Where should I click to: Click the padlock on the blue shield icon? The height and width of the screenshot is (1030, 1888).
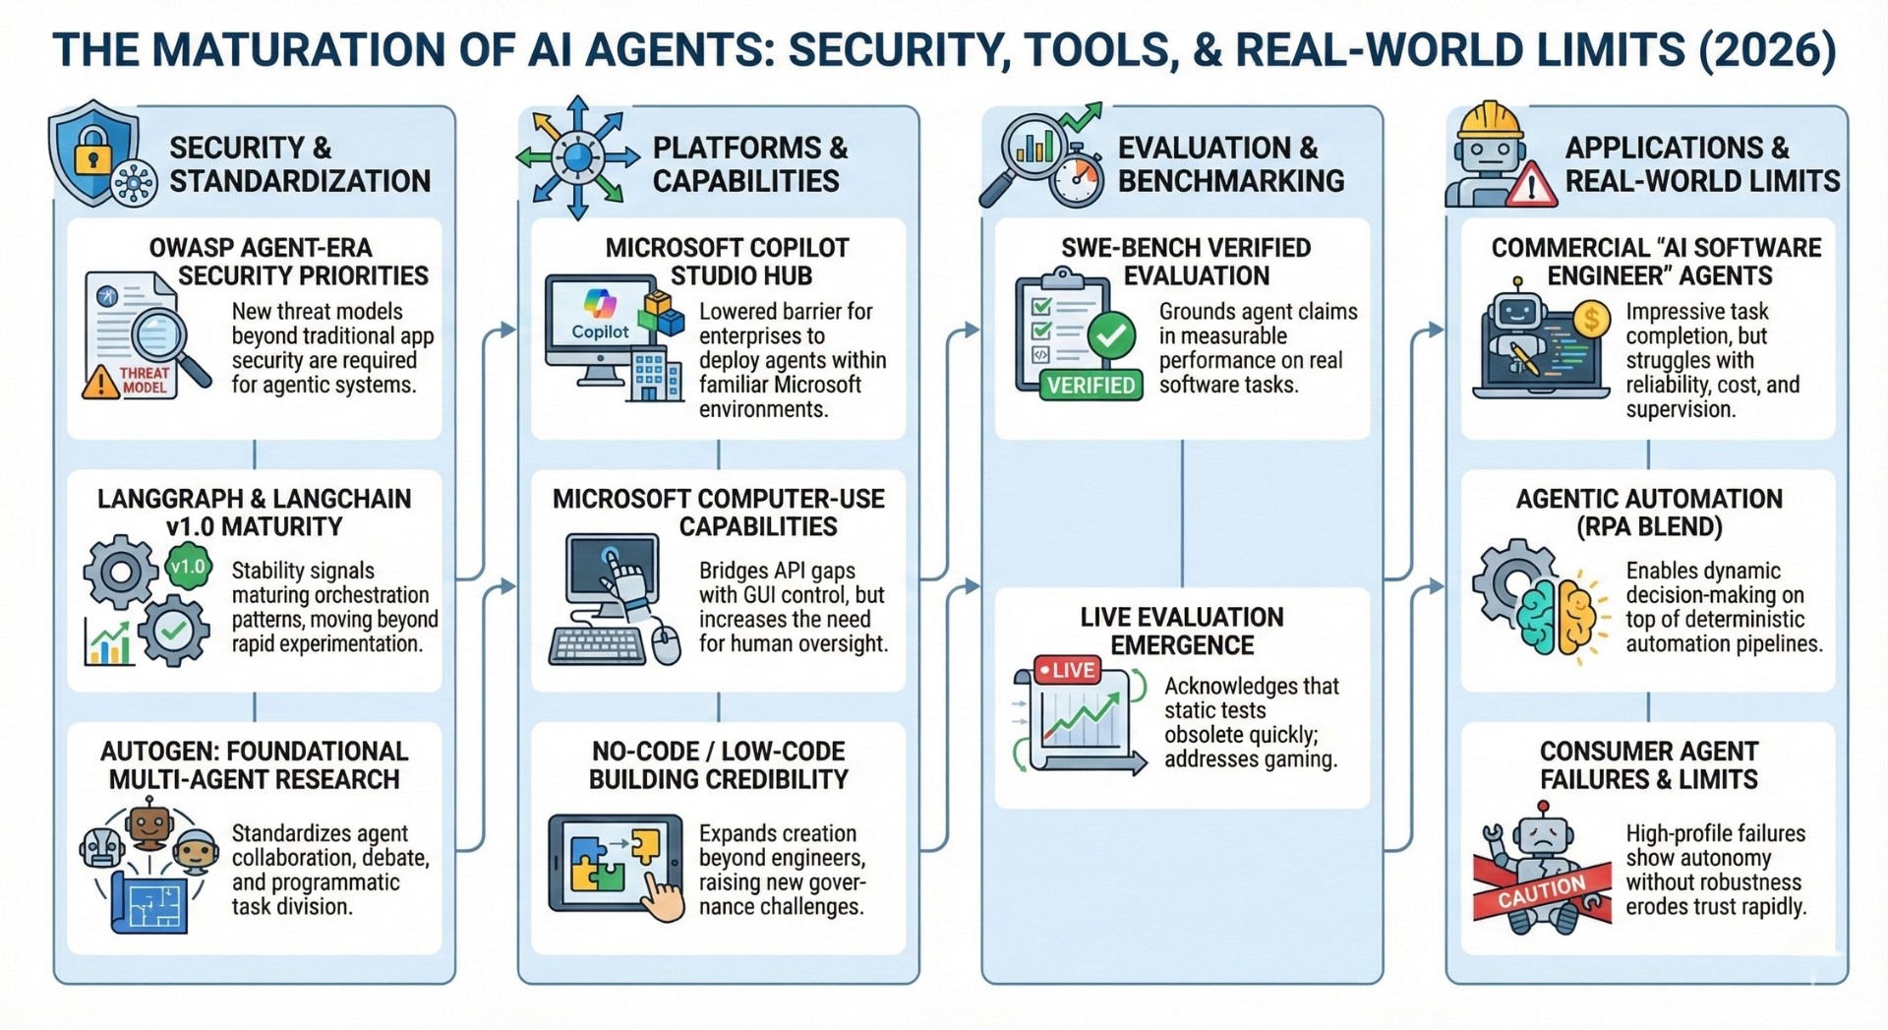pyautogui.click(x=90, y=153)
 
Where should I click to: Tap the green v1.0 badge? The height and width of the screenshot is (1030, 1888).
pyautogui.click(x=188, y=567)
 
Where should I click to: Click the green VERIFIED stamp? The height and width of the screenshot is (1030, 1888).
pyautogui.click(x=1091, y=385)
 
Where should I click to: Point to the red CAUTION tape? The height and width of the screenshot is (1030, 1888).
pyautogui.click(x=1541, y=889)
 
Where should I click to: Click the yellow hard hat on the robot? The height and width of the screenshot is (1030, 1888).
pyautogui.click(x=1490, y=121)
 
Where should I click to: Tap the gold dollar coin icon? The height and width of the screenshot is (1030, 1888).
pyautogui.click(x=1590, y=319)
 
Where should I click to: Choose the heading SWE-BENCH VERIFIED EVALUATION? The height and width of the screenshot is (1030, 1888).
pyautogui.click(x=1185, y=262)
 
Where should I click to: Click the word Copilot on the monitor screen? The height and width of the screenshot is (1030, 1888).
pyautogui.click(x=600, y=333)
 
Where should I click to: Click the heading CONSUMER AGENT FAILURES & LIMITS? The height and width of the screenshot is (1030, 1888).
pyautogui.click(x=1648, y=765)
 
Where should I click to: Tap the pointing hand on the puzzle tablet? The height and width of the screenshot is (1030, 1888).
pyautogui.click(x=663, y=896)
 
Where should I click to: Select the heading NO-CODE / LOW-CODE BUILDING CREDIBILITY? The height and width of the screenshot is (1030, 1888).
pyautogui.click(x=718, y=765)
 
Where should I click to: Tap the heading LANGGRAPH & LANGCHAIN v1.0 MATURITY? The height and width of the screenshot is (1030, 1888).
pyautogui.click(x=254, y=513)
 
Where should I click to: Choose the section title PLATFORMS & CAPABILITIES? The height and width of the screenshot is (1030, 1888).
pyautogui.click(x=749, y=164)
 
